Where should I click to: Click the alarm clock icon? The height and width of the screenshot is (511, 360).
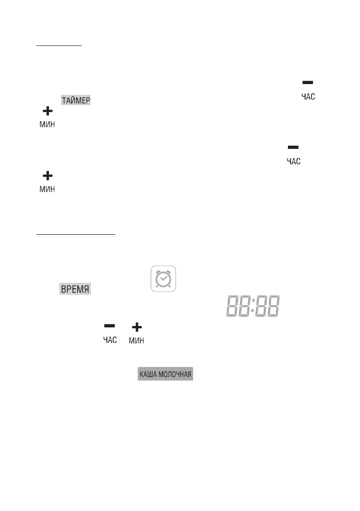[x=163, y=279]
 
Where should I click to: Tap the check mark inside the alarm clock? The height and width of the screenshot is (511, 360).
[x=163, y=280]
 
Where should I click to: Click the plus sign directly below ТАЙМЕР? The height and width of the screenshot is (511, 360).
[x=47, y=112]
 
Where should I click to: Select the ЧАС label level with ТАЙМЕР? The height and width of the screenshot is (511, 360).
[x=308, y=97]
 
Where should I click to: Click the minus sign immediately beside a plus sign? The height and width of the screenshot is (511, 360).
[x=109, y=327]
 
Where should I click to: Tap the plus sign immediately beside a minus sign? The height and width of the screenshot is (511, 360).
[x=136, y=327]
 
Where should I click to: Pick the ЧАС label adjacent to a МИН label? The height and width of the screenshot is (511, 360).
[x=109, y=341]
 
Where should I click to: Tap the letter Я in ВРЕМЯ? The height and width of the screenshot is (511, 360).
[x=87, y=289]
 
